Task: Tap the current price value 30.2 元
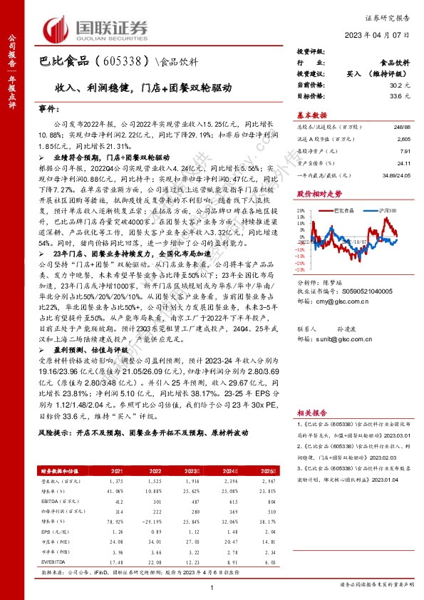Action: (402, 84)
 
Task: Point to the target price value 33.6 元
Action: (402, 95)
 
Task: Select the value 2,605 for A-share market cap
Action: (403, 140)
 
